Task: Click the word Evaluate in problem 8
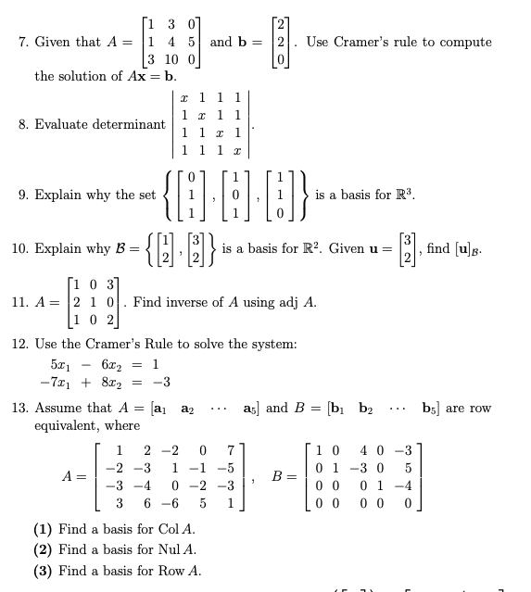click(62, 124)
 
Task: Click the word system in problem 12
click(274, 344)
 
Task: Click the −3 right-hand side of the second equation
click(161, 383)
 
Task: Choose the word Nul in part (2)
click(158, 550)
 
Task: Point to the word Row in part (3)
click(159, 571)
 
